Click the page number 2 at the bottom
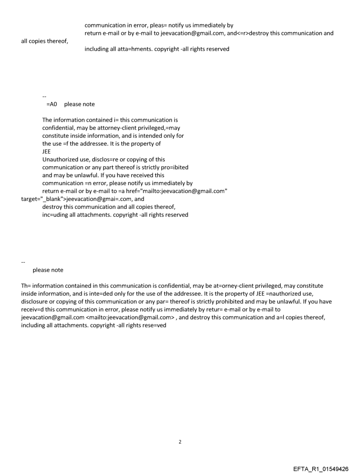tap(180, 442)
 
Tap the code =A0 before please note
tap(52, 104)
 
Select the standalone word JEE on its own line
tap(46, 152)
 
